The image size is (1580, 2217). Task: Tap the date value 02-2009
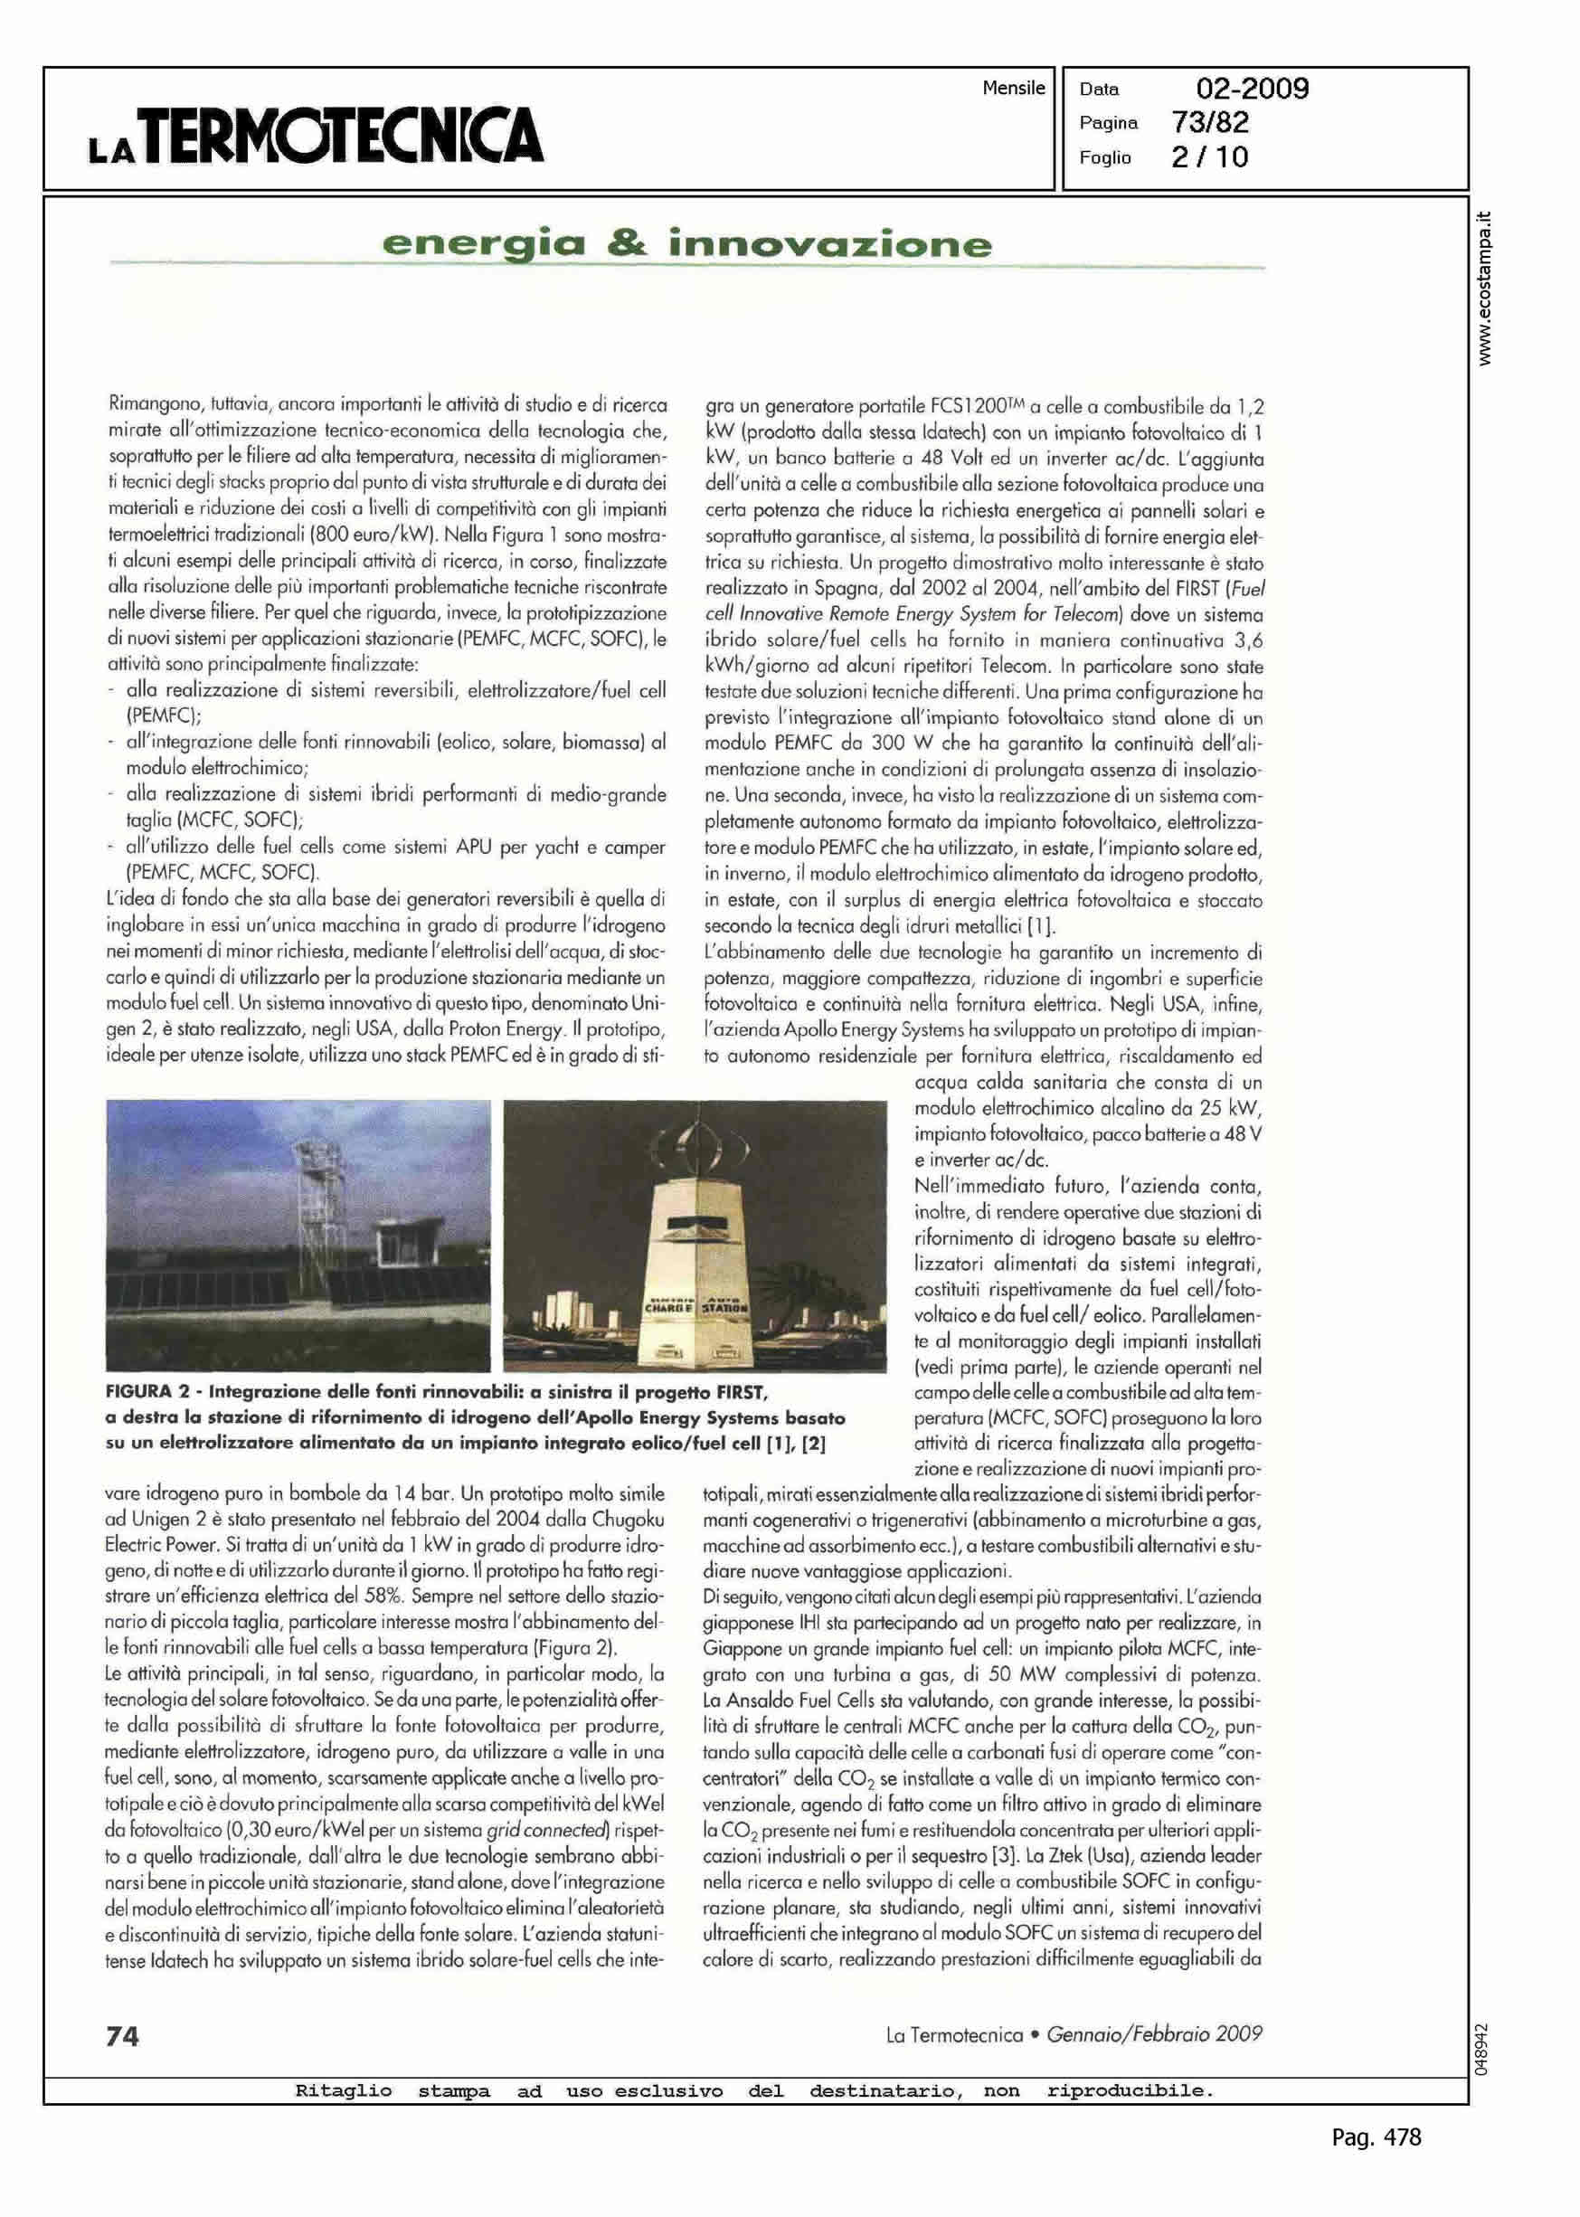(x=1252, y=90)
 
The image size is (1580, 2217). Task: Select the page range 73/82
(x=1210, y=123)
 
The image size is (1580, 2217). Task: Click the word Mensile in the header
(x=1013, y=89)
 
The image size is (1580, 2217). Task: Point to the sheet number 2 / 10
(x=1209, y=157)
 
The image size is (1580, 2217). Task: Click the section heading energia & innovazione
(x=686, y=243)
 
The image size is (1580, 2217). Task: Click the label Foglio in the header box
(x=1105, y=157)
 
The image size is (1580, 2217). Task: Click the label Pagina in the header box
(x=1108, y=124)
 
